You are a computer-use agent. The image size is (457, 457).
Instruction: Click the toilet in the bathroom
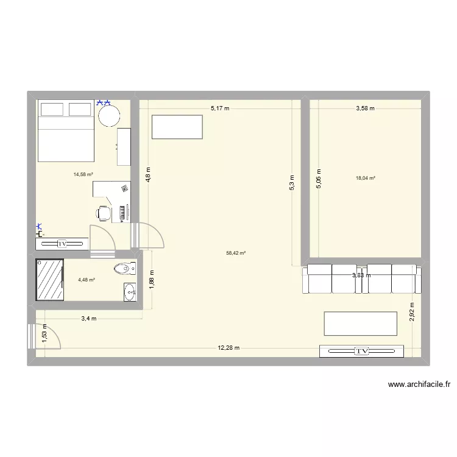pyautogui.click(x=126, y=267)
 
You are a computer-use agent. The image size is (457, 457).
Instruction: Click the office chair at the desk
pyautogui.click(x=104, y=213)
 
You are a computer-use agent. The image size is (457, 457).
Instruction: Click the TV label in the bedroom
pyautogui.click(x=62, y=244)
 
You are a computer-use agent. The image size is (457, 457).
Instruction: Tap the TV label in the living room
pyautogui.click(x=362, y=351)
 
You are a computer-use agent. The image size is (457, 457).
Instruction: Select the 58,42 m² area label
pyautogui.click(x=236, y=253)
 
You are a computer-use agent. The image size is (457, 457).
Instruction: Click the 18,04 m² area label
pyautogui.click(x=366, y=178)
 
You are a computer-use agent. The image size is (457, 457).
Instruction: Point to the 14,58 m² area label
pyautogui.click(x=83, y=174)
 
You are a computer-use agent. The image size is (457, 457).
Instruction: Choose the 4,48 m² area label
pyautogui.click(x=86, y=280)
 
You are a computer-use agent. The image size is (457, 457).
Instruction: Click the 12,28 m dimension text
pyautogui.click(x=229, y=348)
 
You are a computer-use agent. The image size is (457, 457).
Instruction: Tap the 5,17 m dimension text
pyautogui.click(x=220, y=108)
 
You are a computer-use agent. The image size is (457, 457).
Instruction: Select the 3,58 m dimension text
pyautogui.click(x=366, y=108)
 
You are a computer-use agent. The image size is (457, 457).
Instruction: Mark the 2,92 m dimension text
pyautogui.click(x=412, y=311)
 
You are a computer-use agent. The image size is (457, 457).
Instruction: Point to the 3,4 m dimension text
pyautogui.click(x=88, y=318)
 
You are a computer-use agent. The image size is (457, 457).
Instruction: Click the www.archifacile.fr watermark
pyautogui.click(x=419, y=384)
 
